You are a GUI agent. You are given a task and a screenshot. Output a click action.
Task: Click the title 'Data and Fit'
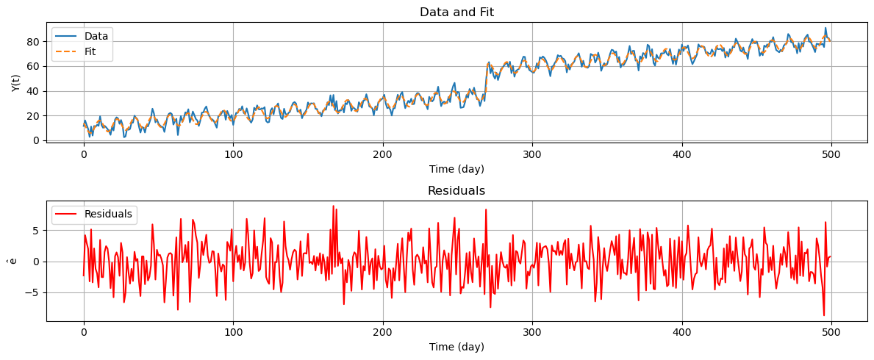tap(456, 12)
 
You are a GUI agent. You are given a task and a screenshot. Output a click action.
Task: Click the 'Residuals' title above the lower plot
tap(456, 191)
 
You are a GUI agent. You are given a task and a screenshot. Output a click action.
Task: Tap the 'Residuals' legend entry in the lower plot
tap(108, 215)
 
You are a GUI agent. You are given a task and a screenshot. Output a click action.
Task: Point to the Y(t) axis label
tap(15, 82)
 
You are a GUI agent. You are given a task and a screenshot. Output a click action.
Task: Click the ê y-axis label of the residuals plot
tap(12, 261)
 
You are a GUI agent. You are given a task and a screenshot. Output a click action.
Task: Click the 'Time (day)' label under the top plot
tap(456, 169)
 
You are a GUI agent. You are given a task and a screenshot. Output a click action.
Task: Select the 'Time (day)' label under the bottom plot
tap(456, 348)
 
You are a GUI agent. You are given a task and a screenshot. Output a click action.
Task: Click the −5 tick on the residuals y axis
tap(32, 293)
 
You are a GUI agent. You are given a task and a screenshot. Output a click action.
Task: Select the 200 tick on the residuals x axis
tap(383, 333)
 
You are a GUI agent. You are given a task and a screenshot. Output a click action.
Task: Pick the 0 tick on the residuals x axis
tap(84, 333)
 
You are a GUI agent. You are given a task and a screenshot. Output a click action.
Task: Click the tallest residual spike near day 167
tap(333, 206)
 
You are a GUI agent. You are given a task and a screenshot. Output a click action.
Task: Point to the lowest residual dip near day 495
tap(824, 315)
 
